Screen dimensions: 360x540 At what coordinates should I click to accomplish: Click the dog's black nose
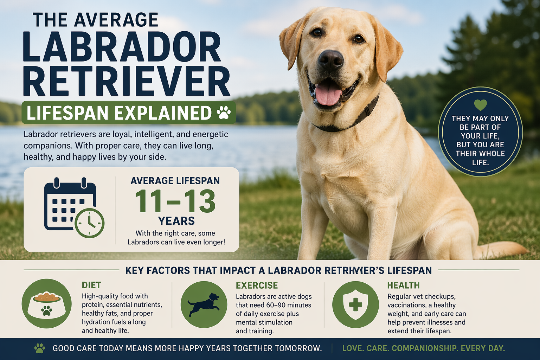[331, 59]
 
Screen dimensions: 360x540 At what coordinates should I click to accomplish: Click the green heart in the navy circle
[480, 104]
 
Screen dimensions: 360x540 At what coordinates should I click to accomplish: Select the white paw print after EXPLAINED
[224, 113]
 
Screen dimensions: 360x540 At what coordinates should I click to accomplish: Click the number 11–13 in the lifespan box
[175, 201]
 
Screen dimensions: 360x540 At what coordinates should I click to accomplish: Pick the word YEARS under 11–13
[176, 221]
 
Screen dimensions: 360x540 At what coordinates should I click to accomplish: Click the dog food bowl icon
[46, 304]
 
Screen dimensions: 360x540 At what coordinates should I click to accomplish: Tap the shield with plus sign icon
[355, 304]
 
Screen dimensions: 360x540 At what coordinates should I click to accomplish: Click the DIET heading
[91, 285]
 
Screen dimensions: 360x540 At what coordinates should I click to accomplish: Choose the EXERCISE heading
[257, 285]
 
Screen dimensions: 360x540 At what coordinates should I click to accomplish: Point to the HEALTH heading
[403, 285]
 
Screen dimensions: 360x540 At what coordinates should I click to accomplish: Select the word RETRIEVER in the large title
[127, 82]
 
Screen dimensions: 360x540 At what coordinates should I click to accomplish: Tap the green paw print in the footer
[40, 348]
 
